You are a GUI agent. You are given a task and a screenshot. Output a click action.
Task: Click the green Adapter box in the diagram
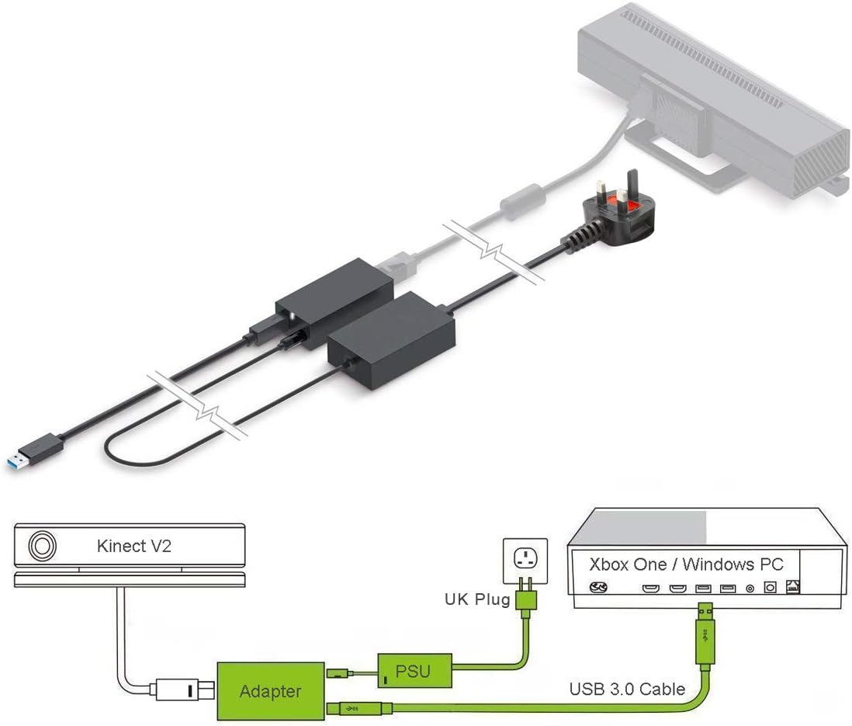point(270,690)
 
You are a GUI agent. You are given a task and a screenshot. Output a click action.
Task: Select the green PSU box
point(414,670)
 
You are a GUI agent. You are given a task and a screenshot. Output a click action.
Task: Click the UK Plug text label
point(476,599)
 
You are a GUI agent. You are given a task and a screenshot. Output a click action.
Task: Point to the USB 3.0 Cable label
point(627,688)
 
